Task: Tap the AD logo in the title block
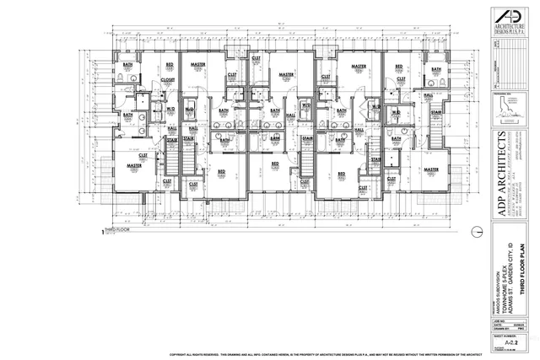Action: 506,19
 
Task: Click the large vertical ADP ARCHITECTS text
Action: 507,178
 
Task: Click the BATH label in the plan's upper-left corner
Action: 129,65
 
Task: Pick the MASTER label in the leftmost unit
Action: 133,166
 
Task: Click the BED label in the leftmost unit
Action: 170,65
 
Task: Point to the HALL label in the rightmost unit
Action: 428,95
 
